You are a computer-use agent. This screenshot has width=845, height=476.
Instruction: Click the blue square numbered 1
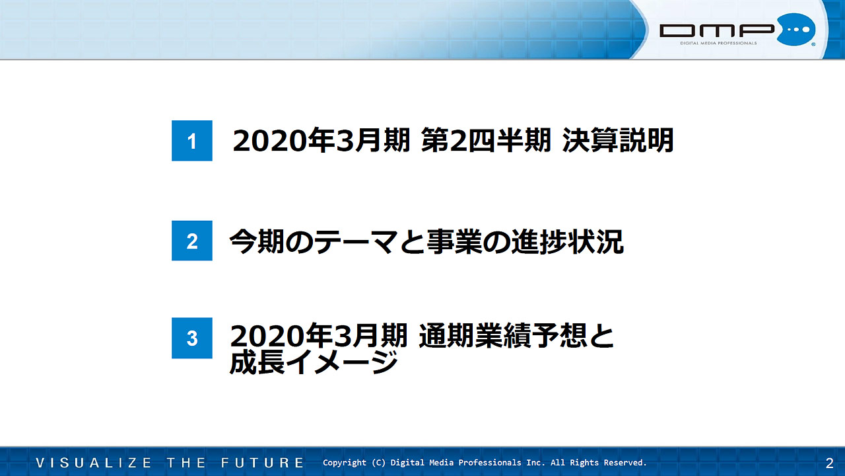click(192, 141)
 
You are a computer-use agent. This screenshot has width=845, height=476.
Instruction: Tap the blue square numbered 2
click(192, 241)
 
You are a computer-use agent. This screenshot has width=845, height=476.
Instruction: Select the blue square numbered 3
click(192, 338)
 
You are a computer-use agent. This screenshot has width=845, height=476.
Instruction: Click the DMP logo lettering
click(717, 30)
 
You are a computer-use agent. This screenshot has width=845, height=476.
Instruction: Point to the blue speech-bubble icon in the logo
click(796, 30)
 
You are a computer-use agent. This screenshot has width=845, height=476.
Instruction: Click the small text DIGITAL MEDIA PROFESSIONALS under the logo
click(718, 43)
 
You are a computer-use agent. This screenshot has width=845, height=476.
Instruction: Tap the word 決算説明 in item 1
click(618, 141)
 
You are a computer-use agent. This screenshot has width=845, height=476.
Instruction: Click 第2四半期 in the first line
click(486, 141)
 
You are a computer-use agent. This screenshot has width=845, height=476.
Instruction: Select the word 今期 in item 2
click(257, 242)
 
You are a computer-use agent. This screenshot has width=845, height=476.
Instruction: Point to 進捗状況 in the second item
click(568, 242)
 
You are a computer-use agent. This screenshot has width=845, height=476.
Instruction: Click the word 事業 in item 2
click(455, 242)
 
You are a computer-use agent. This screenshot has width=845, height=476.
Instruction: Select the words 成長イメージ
click(314, 362)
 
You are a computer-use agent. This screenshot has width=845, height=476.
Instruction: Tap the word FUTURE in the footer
click(263, 463)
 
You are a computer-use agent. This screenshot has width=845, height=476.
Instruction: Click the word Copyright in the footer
click(345, 463)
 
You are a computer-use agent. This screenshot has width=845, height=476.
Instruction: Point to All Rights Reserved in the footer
click(599, 463)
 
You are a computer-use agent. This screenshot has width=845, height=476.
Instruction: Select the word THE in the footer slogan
click(186, 463)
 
